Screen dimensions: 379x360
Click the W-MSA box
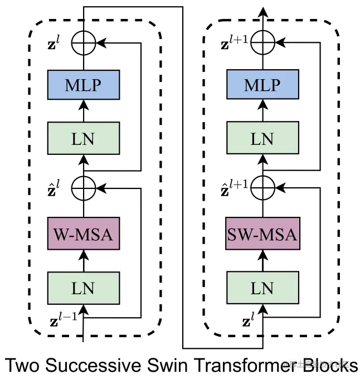coord(83,234)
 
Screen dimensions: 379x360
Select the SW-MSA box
coord(261,234)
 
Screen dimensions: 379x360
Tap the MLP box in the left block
coord(83,85)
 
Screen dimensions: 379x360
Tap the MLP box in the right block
coord(261,85)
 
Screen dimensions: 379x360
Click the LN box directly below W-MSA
coord(83,288)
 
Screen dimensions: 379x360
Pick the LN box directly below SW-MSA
coord(261,288)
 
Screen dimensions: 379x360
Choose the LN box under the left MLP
coord(83,138)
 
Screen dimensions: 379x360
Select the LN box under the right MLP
coord(261,138)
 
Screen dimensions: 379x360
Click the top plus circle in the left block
coord(83,42)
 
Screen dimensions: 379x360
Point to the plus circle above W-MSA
coord(83,188)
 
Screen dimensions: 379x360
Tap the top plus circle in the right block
coord(261,42)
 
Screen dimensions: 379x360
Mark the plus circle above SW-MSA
coord(261,188)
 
